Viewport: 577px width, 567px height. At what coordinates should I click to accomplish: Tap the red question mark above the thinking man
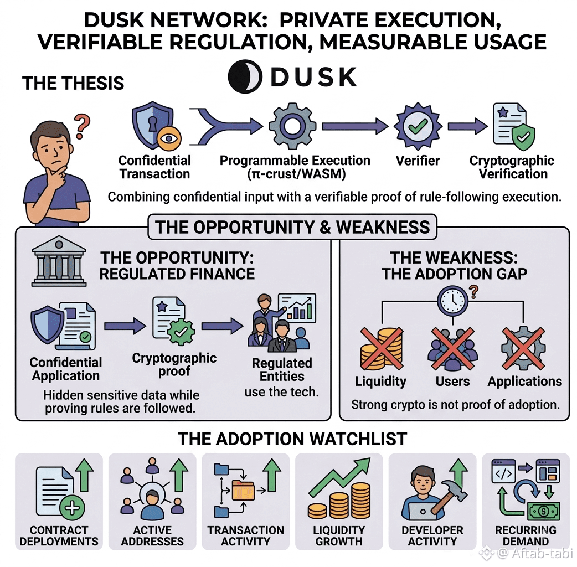[82, 126]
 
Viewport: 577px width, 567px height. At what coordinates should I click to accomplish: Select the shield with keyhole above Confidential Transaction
[152, 125]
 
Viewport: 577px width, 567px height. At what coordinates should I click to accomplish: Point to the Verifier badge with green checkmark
[418, 126]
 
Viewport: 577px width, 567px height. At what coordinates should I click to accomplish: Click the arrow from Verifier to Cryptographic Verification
[467, 126]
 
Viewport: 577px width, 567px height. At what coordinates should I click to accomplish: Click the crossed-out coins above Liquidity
[382, 348]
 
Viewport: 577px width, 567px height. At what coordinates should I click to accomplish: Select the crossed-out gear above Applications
[523, 348]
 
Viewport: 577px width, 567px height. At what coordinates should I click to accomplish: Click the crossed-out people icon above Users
[452, 348]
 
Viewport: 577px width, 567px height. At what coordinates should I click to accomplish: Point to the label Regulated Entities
[282, 369]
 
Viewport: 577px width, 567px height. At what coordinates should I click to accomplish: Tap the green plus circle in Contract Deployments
[72, 508]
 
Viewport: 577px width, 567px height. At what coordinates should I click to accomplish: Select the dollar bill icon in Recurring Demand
[544, 511]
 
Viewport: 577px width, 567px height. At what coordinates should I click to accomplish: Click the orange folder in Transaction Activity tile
[243, 489]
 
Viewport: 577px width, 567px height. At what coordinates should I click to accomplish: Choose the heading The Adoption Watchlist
[292, 439]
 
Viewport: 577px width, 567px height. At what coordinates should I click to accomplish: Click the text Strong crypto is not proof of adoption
[455, 404]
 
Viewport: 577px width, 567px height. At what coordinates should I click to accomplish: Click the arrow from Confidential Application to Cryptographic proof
[125, 326]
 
